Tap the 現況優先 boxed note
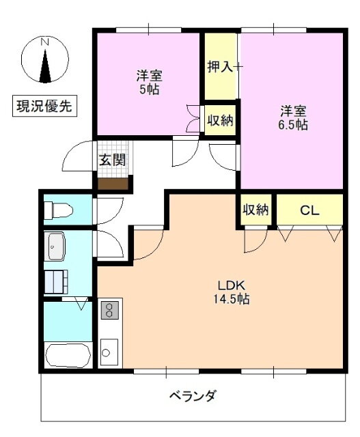pyautogui.click(x=44, y=106)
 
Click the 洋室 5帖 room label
pyautogui.click(x=149, y=83)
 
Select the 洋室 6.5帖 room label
pyautogui.click(x=293, y=118)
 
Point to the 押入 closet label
pyautogui.click(x=220, y=67)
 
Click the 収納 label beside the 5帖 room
pyautogui.click(x=220, y=120)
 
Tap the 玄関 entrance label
pyautogui.click(x=113, y=160)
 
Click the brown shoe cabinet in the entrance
pyautogui.click(x=113, y=184)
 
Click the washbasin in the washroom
pyautogui.click(x=57, y=246)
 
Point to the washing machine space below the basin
pyautogui.click(x=56, y=282)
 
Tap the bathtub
pyautogui.click(x=68, y=355)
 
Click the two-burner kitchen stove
pyautogui.click(x=109, y=309)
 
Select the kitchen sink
pyautogui.click(x=109, y=352)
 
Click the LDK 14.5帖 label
pyautogui.click(x=231, y=292)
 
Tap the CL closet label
pyautogui.click(x=309, y=210)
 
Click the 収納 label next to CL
pyautogui.click(x=255, y=210)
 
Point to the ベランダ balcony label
pyautogui.click(x=193, y=395)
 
